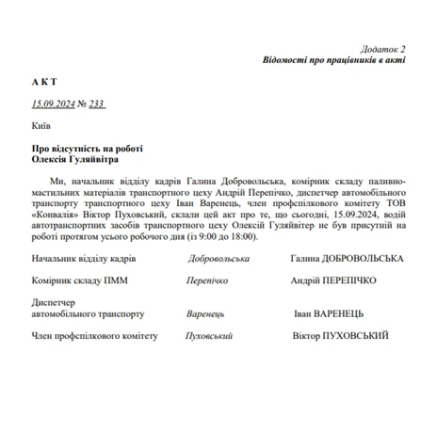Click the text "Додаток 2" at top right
click(x=382, y=48)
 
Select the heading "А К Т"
click(x=44, y=82)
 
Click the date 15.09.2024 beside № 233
click(x=54, y=104)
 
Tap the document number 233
click(x=96, y=104)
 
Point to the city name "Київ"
click(x=40, y=125)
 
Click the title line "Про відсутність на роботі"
click(x=87, y=148)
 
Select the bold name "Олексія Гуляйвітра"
click(x=80, y=159)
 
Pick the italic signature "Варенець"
click(x=210, y=314)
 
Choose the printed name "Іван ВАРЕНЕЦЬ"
click(x=329, y=314)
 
